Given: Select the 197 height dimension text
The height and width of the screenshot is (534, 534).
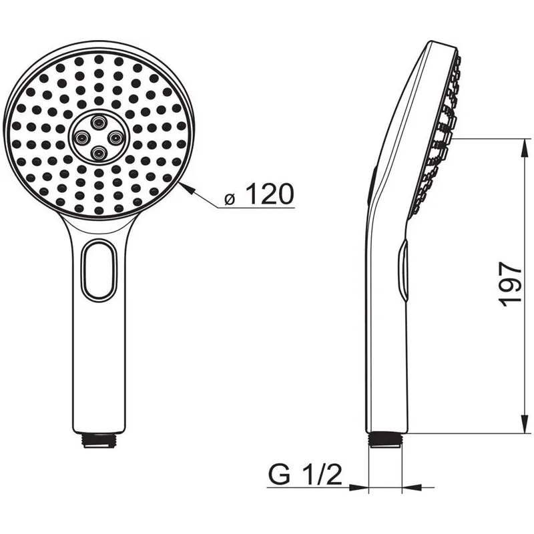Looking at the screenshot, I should [x=511, y=284].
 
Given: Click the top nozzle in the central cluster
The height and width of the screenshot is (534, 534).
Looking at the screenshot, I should [x=97, y=121].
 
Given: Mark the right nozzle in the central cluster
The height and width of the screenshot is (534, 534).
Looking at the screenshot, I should [x=114, y=138].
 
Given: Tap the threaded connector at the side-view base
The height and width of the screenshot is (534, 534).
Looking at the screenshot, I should [x=387, y=439].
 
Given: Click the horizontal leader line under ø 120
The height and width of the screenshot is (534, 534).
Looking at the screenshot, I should [x=257, y=208].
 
